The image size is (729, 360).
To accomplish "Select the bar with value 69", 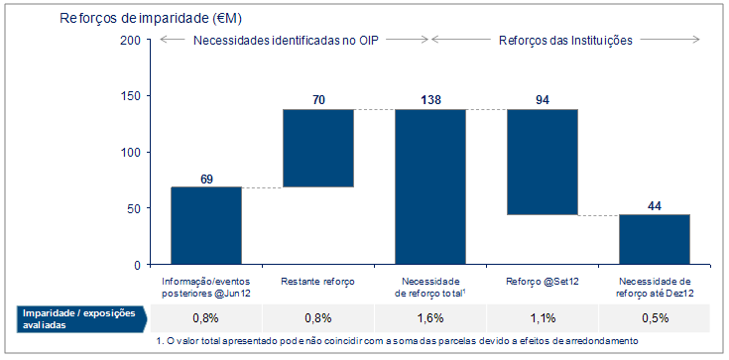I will tap(206, 225).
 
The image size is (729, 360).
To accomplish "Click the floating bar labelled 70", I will tap(318, 148).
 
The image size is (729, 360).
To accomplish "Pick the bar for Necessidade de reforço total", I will tap(430, 186).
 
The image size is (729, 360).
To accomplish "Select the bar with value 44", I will tap(655, 239).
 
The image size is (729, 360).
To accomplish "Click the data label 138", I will tap(430, 100).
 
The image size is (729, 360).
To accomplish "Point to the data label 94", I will tap(543, 100).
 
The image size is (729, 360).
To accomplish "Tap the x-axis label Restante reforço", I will tap(318, 282).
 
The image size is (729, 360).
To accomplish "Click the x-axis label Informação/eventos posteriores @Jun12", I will tap(206, 288).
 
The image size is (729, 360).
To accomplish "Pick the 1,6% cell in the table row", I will tap(430, 318).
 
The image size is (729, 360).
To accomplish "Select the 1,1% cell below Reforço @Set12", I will tap(543, 318).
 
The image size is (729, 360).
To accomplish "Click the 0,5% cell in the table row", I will tap(655, 318).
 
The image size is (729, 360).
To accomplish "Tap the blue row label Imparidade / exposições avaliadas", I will tap(79, 318).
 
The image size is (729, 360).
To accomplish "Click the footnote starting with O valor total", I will tap(397, 342).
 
